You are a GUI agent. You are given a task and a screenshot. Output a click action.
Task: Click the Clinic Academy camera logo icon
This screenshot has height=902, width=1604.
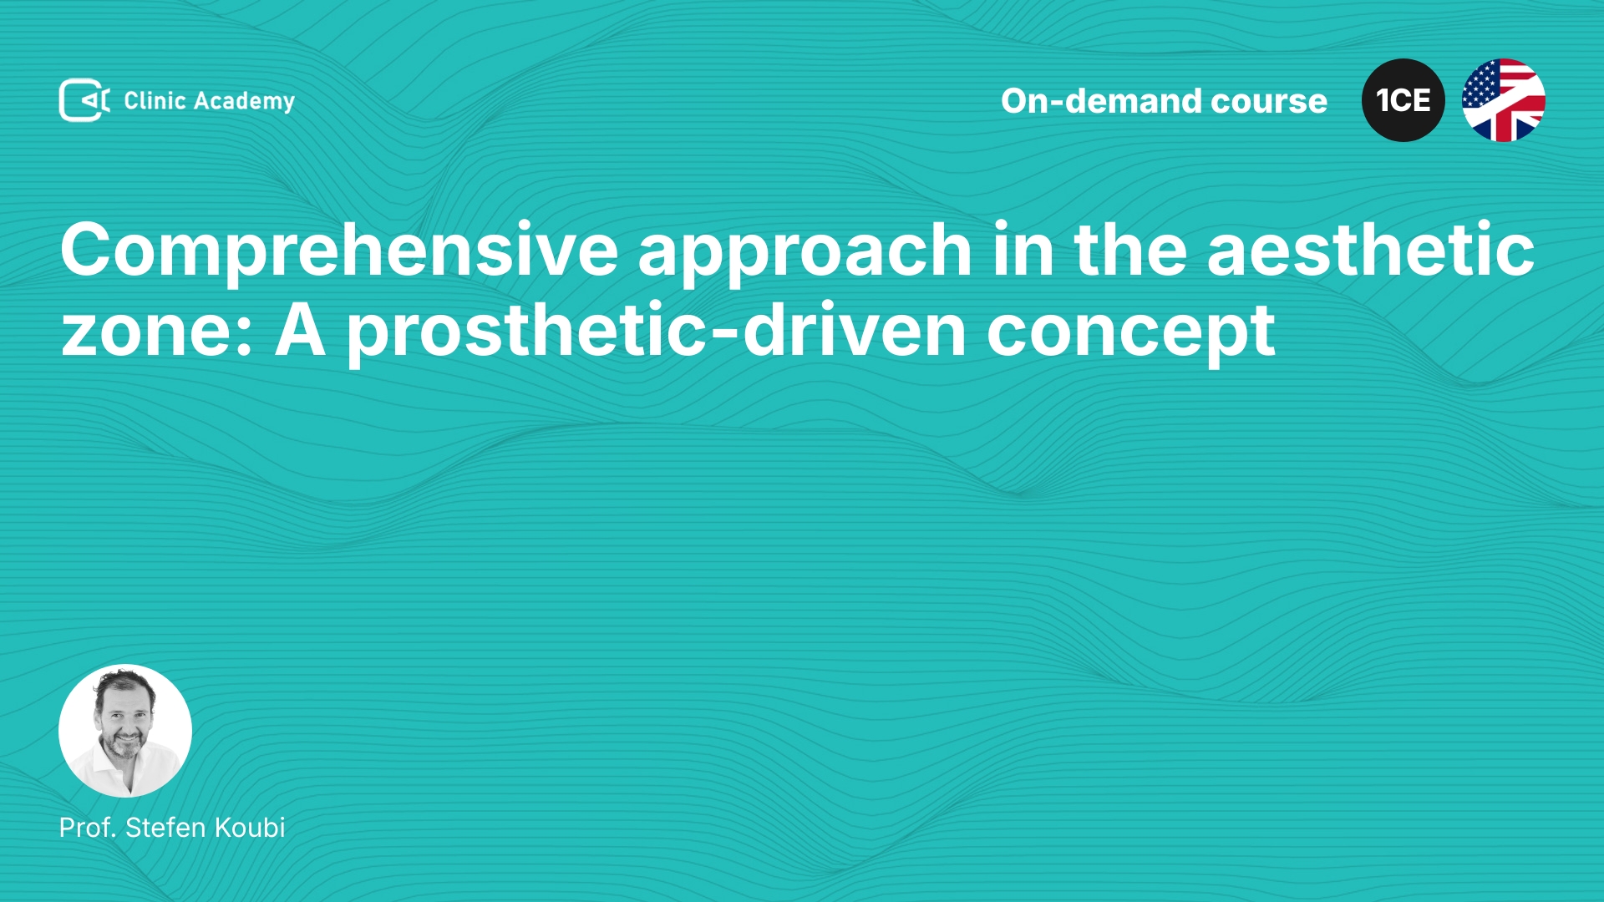pos(84,100)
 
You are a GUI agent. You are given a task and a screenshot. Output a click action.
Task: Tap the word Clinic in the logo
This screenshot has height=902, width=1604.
pos(155,100)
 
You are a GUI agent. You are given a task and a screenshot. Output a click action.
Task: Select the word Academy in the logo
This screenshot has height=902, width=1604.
pos(245,102)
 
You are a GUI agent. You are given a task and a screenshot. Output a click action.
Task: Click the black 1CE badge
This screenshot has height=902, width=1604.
pos(1403,100)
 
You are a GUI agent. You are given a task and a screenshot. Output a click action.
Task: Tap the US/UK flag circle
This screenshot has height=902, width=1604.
pos(1504,100)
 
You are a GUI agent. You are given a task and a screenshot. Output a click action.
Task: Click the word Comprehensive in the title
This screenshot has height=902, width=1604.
pos(339,251)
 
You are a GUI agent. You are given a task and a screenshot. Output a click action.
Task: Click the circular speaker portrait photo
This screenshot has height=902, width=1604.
pos(125,731)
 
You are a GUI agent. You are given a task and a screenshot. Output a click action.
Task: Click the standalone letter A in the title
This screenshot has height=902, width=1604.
pos(300,330)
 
